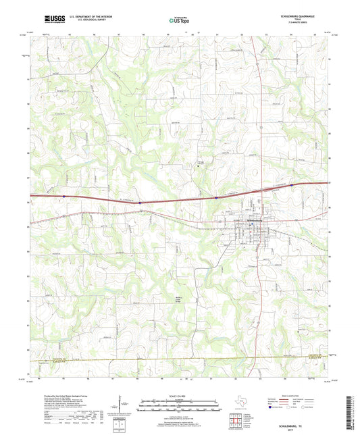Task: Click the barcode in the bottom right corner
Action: (x=349, y=413)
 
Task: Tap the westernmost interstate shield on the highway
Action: (x=64, y=197)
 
